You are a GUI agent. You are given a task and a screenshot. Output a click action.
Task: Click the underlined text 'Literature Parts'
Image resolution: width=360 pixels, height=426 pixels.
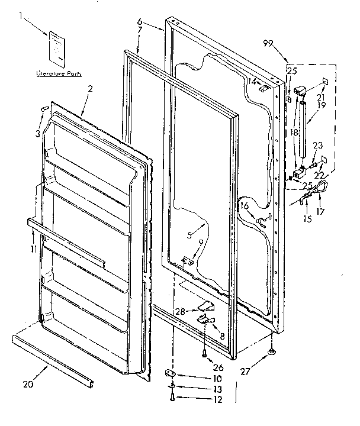click(59, 74)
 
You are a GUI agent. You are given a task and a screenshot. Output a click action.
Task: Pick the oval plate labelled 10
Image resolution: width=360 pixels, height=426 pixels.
click(170, 373)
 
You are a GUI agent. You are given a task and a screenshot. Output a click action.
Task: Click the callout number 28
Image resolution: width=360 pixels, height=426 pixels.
click(180, 311)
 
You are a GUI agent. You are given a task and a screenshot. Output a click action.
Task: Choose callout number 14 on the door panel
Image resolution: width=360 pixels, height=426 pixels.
click(251, 80)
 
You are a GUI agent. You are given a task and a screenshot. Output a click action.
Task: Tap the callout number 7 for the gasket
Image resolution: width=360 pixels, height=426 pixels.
click(139, 46)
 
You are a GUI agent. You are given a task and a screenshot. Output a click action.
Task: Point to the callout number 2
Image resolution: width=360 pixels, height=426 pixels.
click(89, 89)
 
